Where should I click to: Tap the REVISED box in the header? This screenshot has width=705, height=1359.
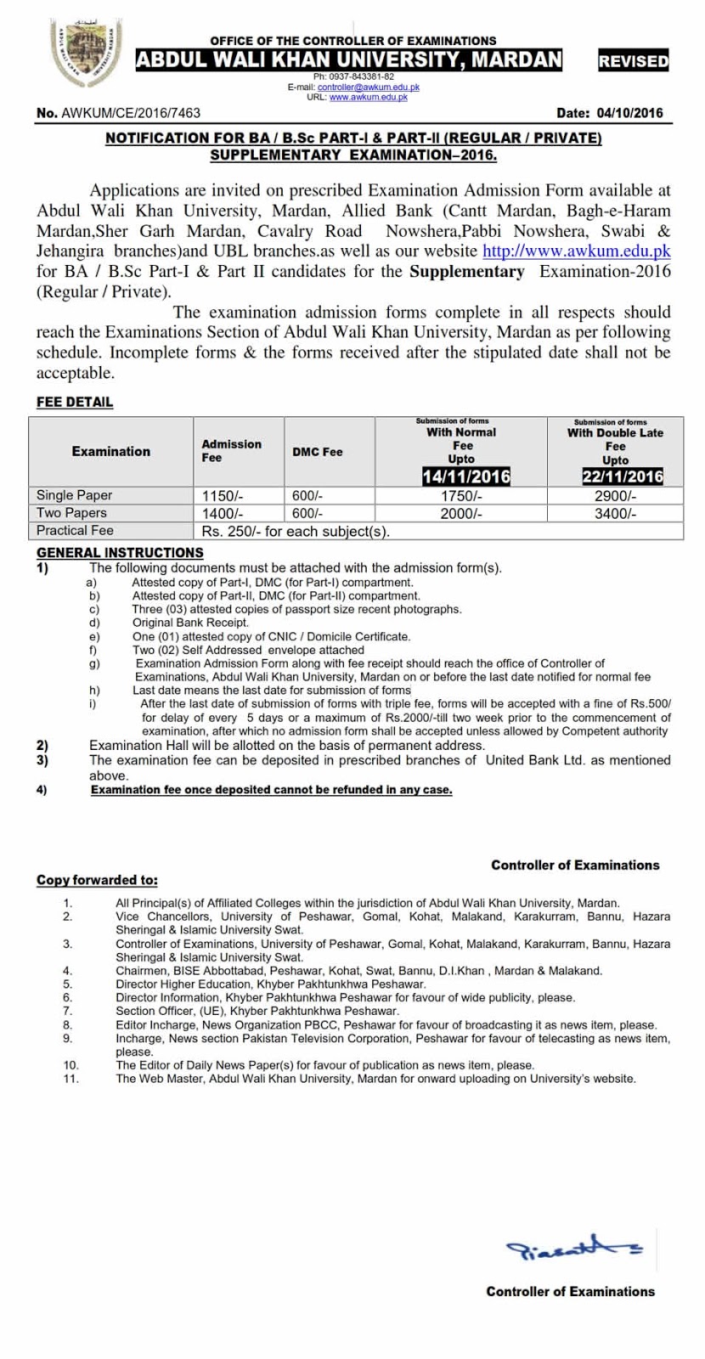pyautogui.click(x=633, y=61)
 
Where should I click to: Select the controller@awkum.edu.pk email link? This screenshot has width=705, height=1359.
pyautogui.click(x=368, y=87)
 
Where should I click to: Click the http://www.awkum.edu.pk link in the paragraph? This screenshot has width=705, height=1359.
pyautogui.click(x=576, y=251)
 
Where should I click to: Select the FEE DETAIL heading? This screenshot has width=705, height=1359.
pyautogui.click(x=75, y=402)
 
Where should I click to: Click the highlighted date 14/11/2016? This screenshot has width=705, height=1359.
pyautogui.click(x=466, y=476)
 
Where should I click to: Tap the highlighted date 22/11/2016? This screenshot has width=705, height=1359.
pyautogui.click(x=622, y=476)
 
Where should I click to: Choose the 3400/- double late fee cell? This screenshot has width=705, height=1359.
pyautogui.click(x=615, y=513)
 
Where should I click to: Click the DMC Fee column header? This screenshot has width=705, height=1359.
pyautogui.click(x=318, y=452)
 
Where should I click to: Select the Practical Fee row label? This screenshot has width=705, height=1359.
pyautogui.click(x=75, y=530)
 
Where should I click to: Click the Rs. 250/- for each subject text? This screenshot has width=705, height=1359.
pyautogui.click(x=295, y=531)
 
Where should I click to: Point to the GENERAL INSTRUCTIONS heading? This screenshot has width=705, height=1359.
pyautogui.click(x=120, y=552)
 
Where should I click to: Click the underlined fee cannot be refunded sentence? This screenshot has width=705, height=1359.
pyautogui.click(x=272, y=790)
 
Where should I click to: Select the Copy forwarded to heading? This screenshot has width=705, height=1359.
pyautogui.click(x=97, y=880)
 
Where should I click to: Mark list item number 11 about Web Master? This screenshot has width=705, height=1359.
pyautogui.click(x=375, y=1079)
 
